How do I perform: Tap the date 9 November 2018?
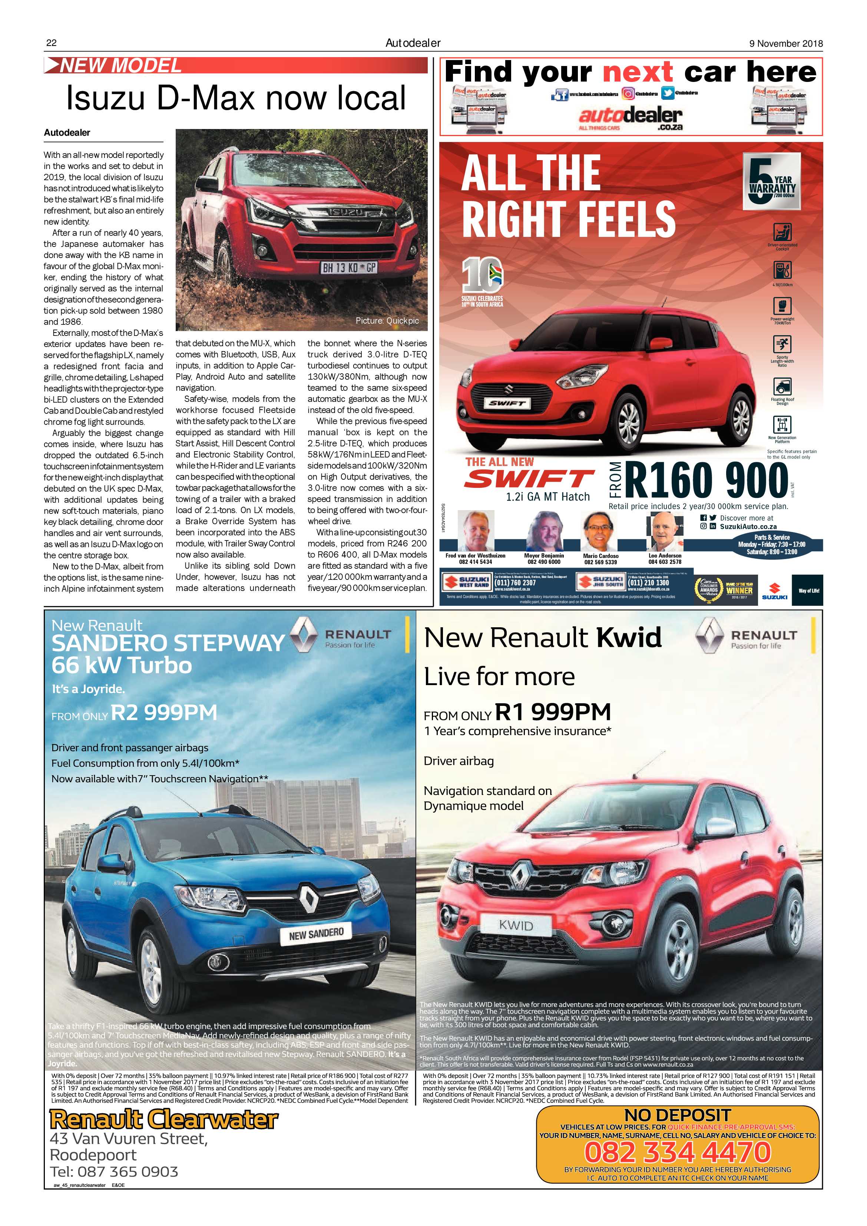786,44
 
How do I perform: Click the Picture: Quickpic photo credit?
387,321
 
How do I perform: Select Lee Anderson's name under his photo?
664,555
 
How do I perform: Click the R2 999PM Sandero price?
164,712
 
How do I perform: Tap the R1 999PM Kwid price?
553,711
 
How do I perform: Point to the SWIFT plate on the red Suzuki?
507,404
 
